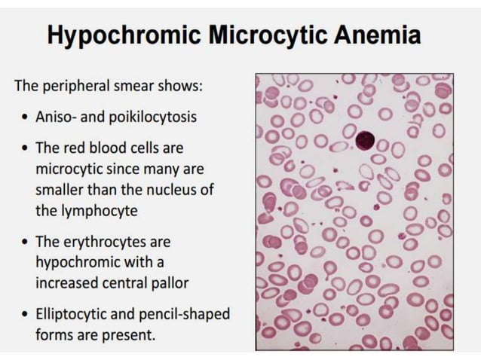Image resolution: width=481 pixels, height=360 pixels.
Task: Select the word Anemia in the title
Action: tap(370, 35)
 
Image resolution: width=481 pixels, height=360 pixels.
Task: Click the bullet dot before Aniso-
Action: tap(26, 118)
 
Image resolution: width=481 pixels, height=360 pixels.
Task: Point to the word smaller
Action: tap(62, 189)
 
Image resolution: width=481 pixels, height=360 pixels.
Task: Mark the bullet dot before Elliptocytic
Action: tap(26, 313)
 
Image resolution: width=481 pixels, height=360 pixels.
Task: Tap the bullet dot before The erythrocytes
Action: tap(26, 242)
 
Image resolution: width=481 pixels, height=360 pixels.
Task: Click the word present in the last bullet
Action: tap(133, 334)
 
